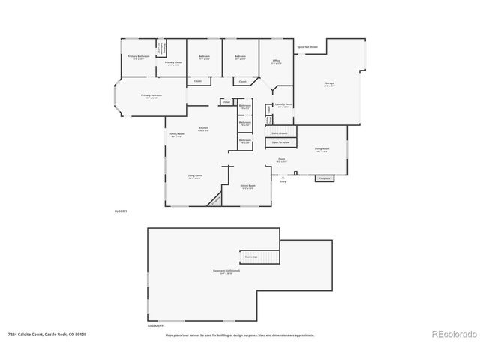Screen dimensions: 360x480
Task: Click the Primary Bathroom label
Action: coord(138,57)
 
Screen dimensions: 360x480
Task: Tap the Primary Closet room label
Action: coord(174,63)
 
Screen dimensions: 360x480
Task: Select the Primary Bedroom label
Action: coord(151,96)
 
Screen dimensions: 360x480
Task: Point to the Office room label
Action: coord(276,62)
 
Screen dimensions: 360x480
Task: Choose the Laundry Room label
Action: coord(284,105)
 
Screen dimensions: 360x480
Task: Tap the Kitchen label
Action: coord(202,129)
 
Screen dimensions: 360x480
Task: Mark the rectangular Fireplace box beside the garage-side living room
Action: coord(325,178)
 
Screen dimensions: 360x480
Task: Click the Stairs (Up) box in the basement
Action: coord(250,256)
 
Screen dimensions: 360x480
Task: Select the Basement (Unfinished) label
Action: coord(221,273)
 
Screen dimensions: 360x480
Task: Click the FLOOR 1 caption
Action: coord(121,212)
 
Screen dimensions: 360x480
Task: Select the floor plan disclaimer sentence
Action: coord(240,334)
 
